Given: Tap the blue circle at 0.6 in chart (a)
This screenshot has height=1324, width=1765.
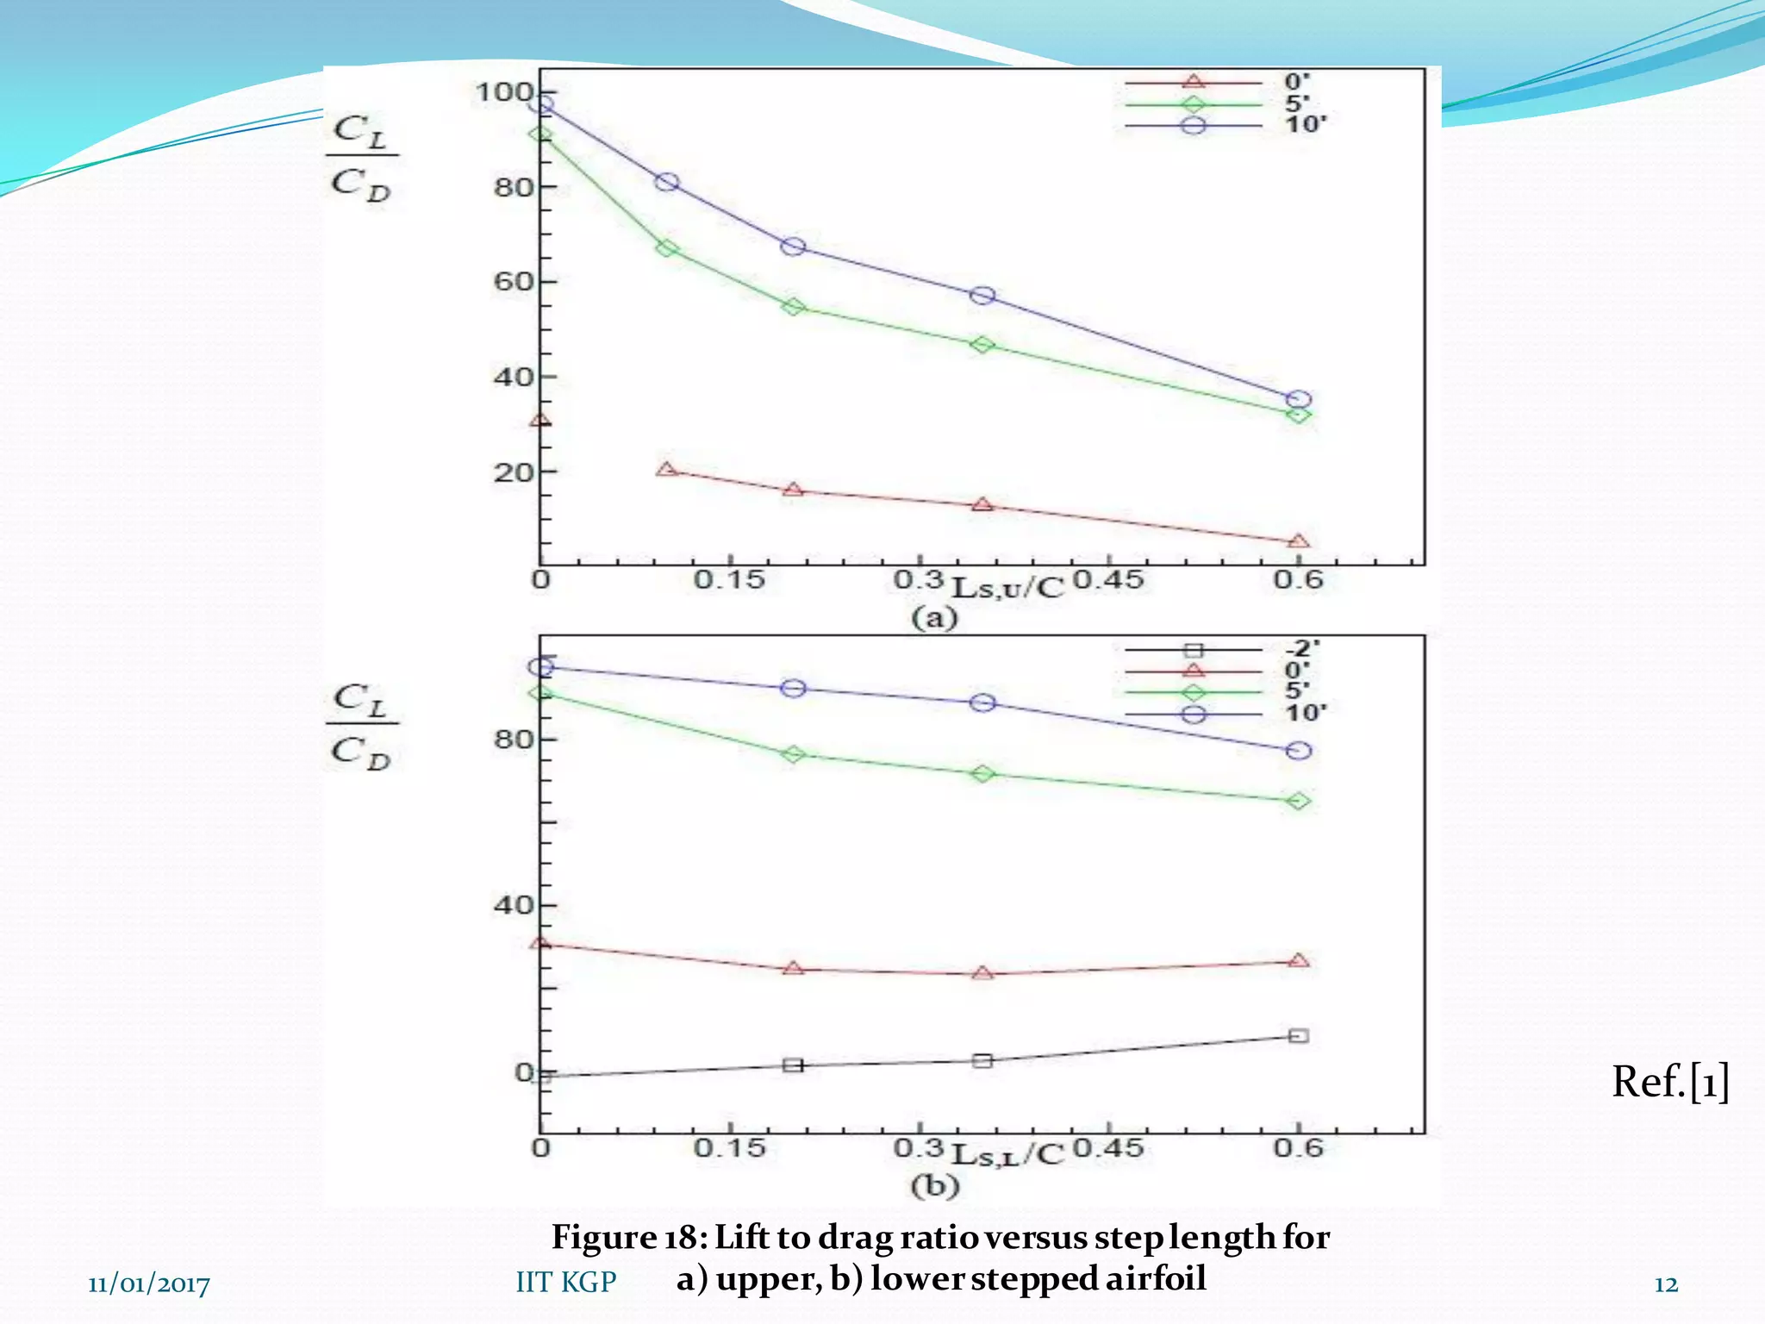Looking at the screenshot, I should pyautogui.click(x=1299, y=400).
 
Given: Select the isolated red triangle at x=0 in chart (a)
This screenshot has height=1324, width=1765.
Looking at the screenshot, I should pyautogui.click(x=540, y=421).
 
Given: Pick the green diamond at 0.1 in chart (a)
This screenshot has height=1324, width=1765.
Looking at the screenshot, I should pyautogui.click(x=666, y=248).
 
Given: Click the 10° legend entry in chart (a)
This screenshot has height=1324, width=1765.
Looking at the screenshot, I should pyautogui.click(x=1224, y=125).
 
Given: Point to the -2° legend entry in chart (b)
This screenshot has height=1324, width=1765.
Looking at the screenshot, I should pyautogui.click(x=1224, y=649).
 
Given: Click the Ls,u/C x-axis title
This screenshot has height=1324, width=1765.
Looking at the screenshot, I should pyautogui.click(x=1007, y=587).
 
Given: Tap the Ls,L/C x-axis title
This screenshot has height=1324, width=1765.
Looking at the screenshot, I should pyautogui.click(x=1007, y=1154).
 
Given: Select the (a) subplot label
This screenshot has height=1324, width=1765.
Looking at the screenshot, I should pyautogui.click(x=934, y=618).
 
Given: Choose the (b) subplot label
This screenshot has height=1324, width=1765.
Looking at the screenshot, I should pyautogui.click(x=934, y=1186).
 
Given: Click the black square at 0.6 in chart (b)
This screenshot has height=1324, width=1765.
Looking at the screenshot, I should pyautogui.click(x=1299, y=1035).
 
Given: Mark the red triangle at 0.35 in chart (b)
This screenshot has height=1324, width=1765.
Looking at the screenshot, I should pyautogui.click(x=982, y=973).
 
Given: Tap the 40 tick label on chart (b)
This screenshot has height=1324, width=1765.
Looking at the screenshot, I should pyautogui.click(x=513, y=905).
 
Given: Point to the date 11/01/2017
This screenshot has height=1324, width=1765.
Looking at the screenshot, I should pyautogui.click(x=149, y=1284).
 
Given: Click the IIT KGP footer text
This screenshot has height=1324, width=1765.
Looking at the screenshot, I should pyautogui.click(x=566, y=1282).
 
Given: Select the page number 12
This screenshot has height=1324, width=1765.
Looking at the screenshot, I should pyautogui.click(x=1666, y=1284).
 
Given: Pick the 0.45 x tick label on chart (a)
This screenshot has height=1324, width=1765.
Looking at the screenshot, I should pyautogui.click(x=1108, y=580).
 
